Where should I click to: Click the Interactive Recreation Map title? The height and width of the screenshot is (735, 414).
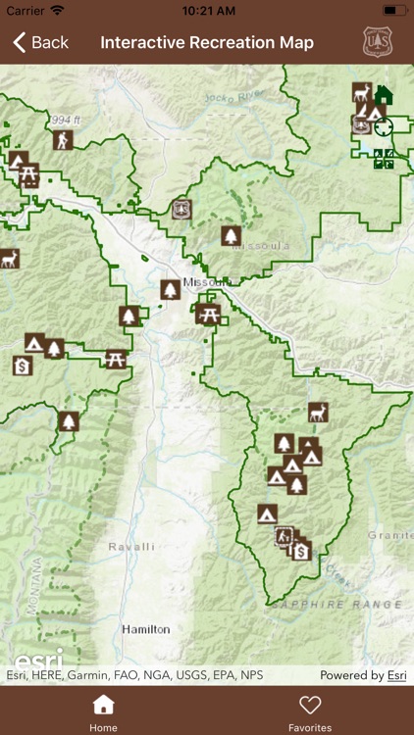(207, 42)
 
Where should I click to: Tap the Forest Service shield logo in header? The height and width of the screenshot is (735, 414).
(378, 42)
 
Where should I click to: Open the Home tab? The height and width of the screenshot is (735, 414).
(103, 712)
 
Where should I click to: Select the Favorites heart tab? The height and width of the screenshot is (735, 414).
(310, 712)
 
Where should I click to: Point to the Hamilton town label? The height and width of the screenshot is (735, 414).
(145, 629)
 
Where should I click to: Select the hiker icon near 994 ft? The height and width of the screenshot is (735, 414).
(63, 140)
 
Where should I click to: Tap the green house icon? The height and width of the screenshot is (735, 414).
(384, 95)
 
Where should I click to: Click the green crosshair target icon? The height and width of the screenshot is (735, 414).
(383, 127)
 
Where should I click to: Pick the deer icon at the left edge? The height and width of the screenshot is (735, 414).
(9, 258)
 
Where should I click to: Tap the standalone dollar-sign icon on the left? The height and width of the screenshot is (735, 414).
(23, 366)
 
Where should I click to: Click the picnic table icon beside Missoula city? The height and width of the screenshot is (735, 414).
(207, 314)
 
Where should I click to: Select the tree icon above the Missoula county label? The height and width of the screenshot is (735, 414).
(231, 235)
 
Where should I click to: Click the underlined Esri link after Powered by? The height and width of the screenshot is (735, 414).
(396, 675)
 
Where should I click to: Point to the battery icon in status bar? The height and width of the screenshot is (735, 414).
(395, 10)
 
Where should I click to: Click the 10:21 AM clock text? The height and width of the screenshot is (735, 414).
(207, 10)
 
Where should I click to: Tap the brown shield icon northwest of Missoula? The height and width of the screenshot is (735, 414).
(181, 209)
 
